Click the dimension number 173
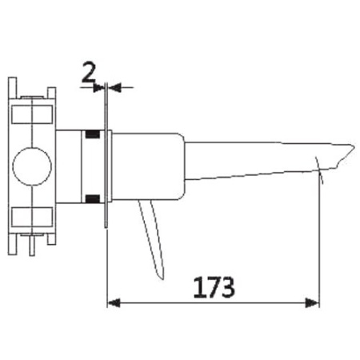tap(212, 286)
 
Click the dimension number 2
tap(90, 74)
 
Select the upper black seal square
tap(94, 134)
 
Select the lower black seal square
tap(94, 198)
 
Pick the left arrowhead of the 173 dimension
tap(113, 302)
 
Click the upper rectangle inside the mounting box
tap(33, 115)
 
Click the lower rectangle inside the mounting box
tap(33, 216)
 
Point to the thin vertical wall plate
tap(106, 160)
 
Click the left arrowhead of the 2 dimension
tap(100, 86)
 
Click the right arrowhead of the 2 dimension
tap(113, 86)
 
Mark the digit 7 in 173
tap(212, 286)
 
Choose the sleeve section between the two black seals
tap(94, 166)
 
